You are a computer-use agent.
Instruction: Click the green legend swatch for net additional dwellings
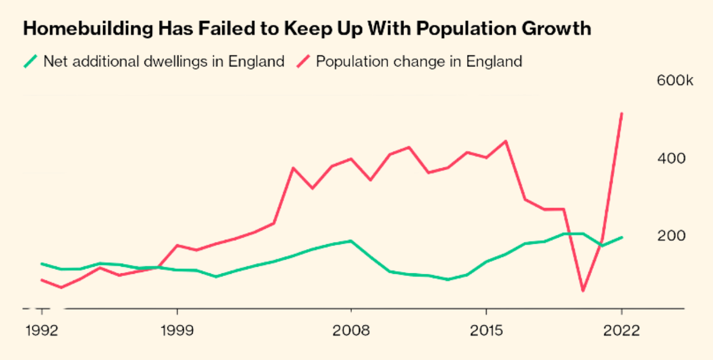point(31,61)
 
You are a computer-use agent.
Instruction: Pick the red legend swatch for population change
point(304,61)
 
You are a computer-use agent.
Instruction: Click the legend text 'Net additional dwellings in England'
point(164,61)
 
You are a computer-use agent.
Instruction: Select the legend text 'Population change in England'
point(419,61)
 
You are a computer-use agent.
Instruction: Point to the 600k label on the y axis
point(675,81)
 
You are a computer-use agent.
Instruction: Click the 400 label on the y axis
point(672,159)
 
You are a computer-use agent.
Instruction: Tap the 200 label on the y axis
point(672,236)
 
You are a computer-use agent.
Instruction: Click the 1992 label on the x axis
point(42,331)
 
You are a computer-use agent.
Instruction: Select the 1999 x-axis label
point(177,331)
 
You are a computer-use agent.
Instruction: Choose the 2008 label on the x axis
point(351,331)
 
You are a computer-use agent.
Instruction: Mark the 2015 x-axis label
point(486,331)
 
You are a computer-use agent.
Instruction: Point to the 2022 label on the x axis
point(621,331)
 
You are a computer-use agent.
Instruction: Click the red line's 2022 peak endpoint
point(621,114)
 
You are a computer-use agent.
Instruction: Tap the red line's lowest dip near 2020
point(583,290)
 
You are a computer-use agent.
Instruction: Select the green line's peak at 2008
point(351,241)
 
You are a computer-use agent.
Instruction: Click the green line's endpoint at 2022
point(621,237)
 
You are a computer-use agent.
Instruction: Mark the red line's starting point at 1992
point(42,280)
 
